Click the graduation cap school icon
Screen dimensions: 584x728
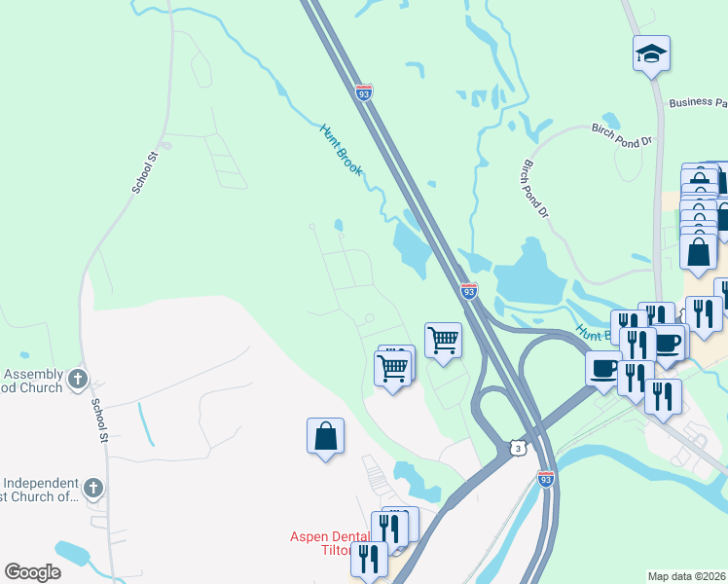tap(651, 54)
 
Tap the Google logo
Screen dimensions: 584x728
tap(32, 572)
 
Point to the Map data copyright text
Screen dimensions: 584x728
tap(687, 576)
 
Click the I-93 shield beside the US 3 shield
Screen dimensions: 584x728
tap(546, 478)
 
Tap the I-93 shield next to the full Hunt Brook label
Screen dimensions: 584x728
tap(363, 94)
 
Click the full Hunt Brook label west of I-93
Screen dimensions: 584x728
tap(341, 149)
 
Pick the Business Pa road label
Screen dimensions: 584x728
tap(697, 103)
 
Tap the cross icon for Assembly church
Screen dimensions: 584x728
tap(79, 378)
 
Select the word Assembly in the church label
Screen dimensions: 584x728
tap(34, 374)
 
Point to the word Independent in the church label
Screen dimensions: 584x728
tap(41, 483)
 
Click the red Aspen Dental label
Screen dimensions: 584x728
tap(330, 537)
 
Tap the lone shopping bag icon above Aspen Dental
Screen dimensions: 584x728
tap(325, 437)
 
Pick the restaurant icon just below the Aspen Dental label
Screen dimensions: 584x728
tap(369, 559)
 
